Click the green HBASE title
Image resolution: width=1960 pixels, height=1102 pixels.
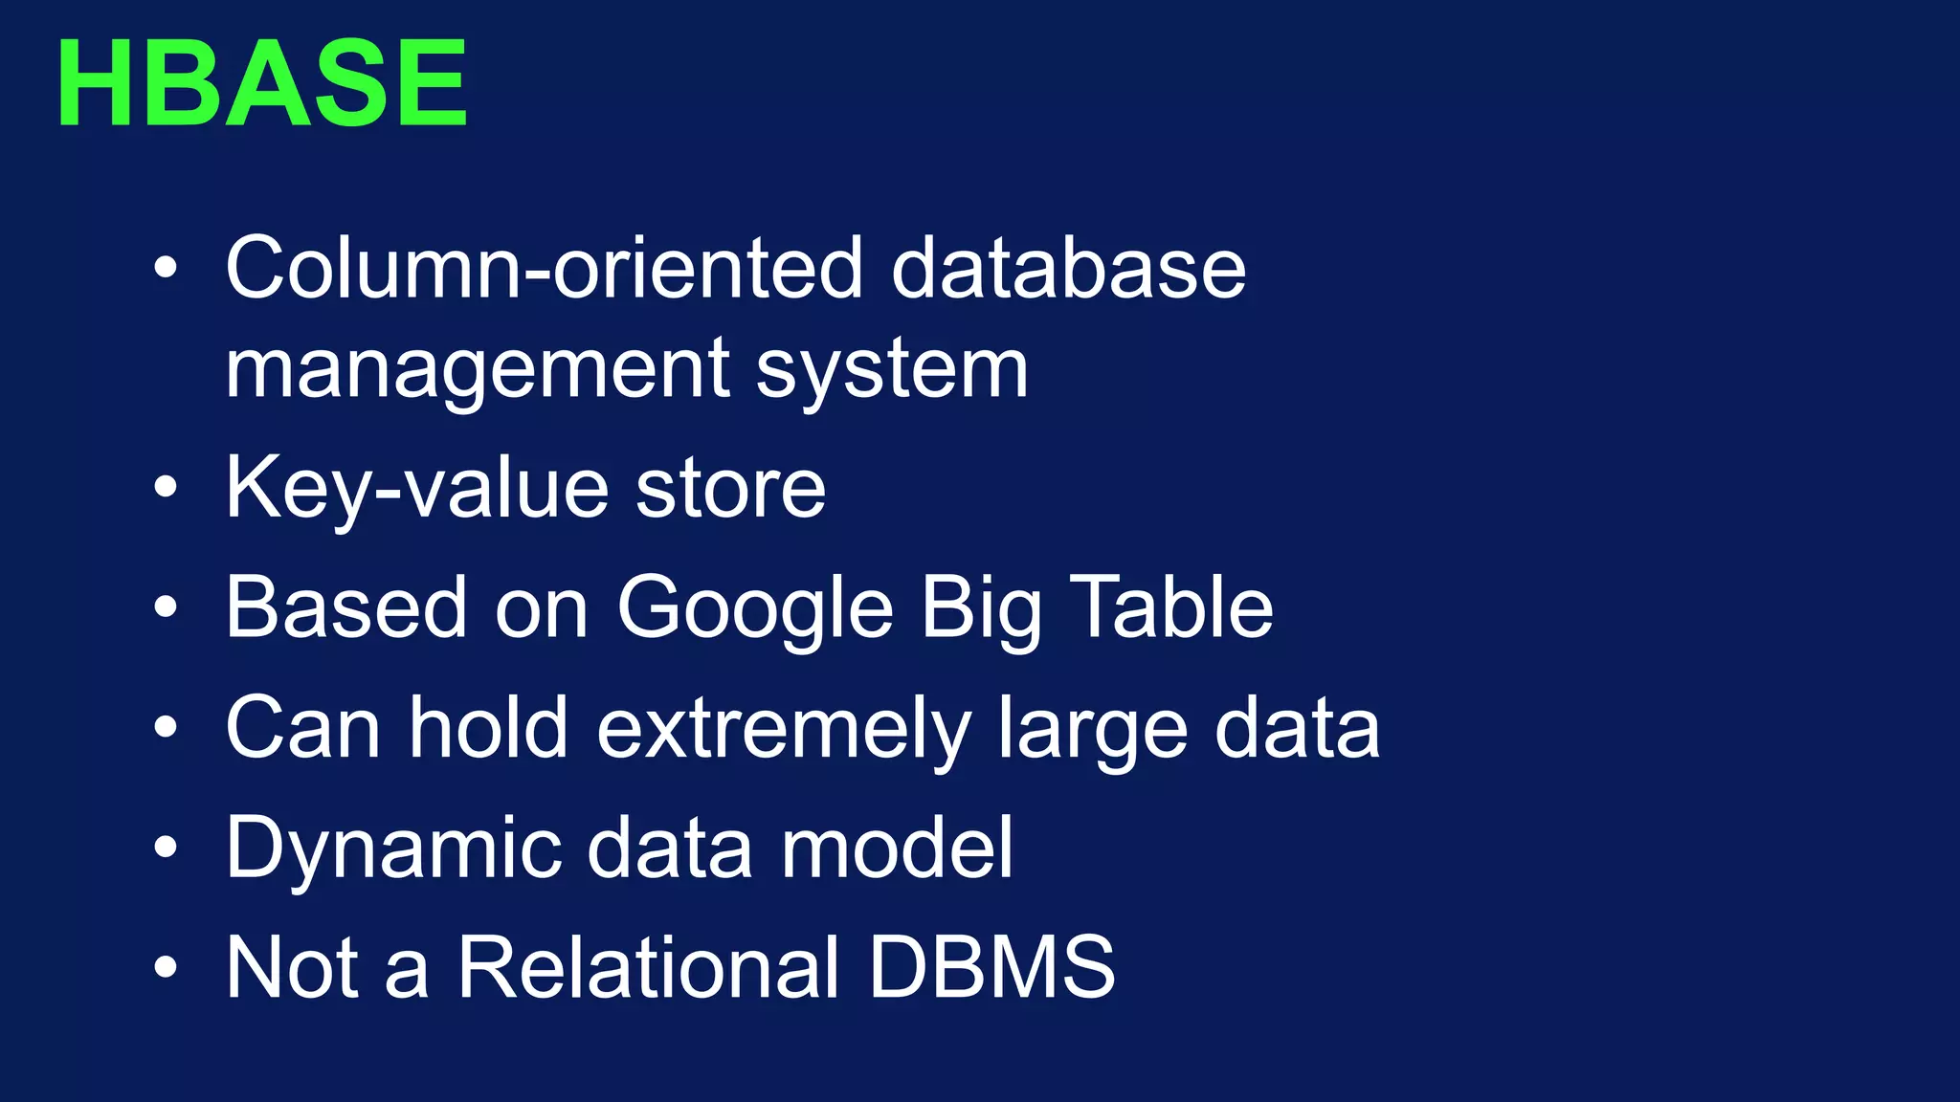[x=261, y=83]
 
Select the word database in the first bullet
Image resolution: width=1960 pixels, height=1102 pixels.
[x=1068, y=269]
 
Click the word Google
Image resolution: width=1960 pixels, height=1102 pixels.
[x=755, y=609]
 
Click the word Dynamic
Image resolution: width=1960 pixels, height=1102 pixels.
[x=393, y=849]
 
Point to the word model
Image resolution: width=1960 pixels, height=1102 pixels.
[x=897, y=847]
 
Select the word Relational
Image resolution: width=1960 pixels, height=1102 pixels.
[x=649, y=967]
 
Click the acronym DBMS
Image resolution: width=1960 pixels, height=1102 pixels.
[x=991, y=967]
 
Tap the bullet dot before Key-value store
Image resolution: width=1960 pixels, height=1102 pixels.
[x=166, y=489]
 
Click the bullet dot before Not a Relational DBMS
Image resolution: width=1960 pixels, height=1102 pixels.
[x=166, y=967]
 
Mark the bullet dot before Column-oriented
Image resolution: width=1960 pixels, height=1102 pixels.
[x=166, y=268]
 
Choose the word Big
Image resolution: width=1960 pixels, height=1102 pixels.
[x=981, y=609]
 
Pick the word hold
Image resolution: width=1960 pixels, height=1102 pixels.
[x=489, y=729]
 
